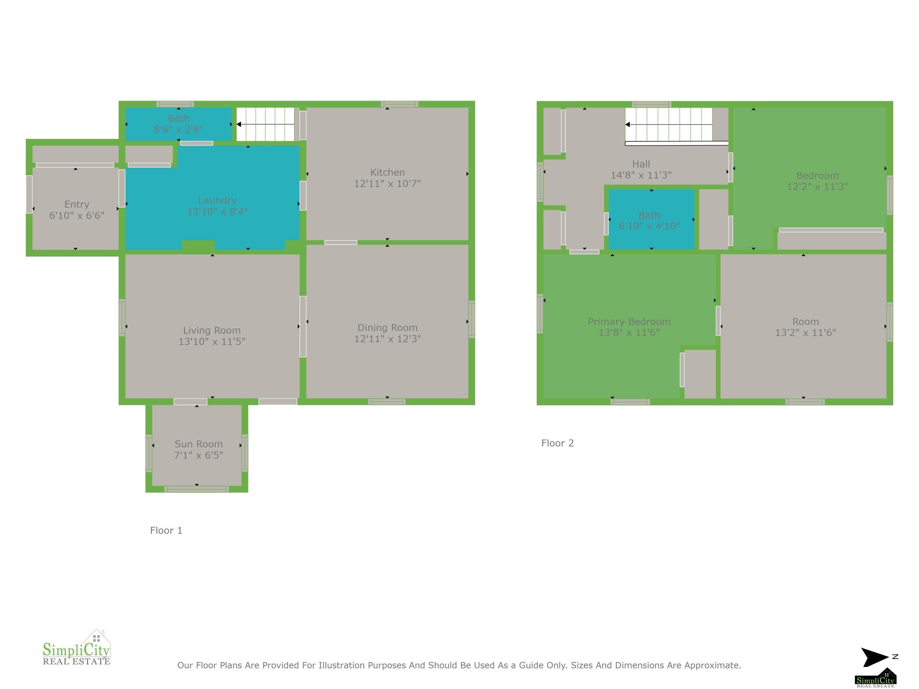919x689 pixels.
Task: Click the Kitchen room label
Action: click(387, 172)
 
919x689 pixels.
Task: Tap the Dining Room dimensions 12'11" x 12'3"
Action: click(387, 339)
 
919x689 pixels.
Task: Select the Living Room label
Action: click(212, 331)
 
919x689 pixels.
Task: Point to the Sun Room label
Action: click(199, 444)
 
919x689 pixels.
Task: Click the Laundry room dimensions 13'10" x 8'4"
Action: click(217, 212)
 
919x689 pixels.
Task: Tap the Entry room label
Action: click(77, 205)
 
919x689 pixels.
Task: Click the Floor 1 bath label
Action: click(179, 118)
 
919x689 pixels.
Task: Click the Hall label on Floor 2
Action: click(641, 164)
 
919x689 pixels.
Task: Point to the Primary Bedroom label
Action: click(629, 322)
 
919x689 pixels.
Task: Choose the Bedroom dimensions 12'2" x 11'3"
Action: click(817, 186)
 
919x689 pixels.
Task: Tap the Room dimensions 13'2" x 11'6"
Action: click(805, 333)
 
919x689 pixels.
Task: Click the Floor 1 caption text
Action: click(166, 530)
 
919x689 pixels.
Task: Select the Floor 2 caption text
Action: click(558, 443)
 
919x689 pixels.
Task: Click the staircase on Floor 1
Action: click(265, 124)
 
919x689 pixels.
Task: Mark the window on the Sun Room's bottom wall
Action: click(197, 489)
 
